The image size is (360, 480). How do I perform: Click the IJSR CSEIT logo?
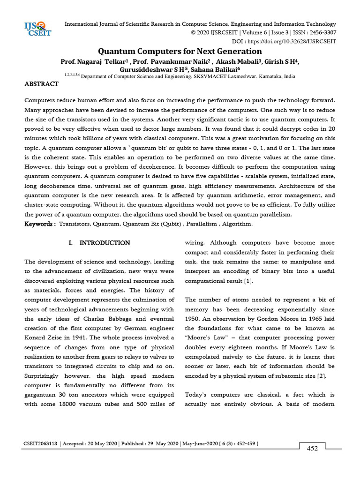click(38, 29)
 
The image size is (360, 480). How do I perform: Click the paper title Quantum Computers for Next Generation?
click(180, 51)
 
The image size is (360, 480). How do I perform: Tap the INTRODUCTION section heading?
click(105, 243)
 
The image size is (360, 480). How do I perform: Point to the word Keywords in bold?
click(40, 224)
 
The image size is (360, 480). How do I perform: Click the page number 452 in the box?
click(312, 449)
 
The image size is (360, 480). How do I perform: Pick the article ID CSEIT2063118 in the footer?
click(41, 443)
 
